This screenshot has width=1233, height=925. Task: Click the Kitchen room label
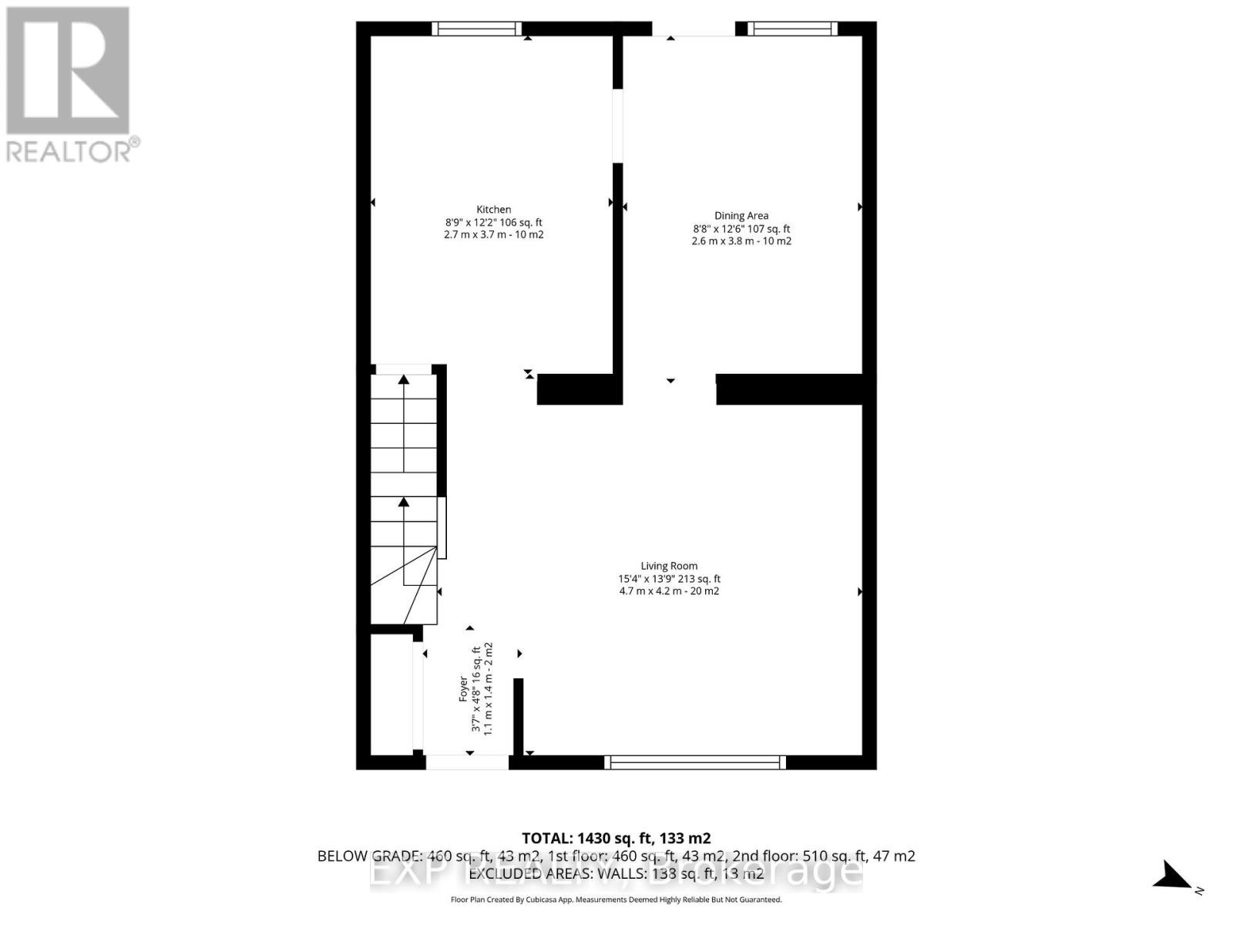click(x=493, y=210)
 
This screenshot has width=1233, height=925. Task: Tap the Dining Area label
click(x=741, y=216)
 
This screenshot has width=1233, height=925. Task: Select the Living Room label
click(x=669, y=566)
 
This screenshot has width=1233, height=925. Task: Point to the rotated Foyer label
click(x=463, y=688)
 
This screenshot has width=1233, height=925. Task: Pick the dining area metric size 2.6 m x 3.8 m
click(x=721, y=241)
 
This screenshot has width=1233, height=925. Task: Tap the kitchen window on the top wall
click(x=476, y=29)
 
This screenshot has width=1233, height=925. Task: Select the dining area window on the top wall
click(x=793, y=29)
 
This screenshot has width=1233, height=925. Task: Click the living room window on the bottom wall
click(x=695, y=762)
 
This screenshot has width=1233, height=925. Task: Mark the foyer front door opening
click(x=467, y=762)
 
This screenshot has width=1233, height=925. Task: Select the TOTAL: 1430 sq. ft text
click(x=616, y=838)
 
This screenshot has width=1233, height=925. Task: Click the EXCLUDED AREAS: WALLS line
click(x=616, y=873)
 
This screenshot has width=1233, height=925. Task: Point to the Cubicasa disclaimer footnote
click(x=616, y=900)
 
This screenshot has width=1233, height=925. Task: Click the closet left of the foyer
click(x=391, y=694)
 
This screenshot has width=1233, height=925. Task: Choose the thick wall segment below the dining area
click(x=790, y=389)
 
